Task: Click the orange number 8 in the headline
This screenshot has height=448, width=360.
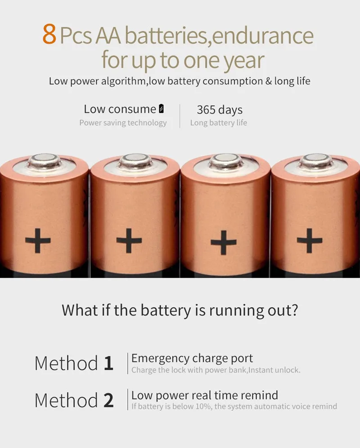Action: (x=49, y=34)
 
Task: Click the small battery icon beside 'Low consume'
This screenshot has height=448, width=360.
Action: (x=161, y=109)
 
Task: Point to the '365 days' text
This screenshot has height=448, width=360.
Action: (x=220, y=110)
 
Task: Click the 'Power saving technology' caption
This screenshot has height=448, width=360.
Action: (x=123, y=123)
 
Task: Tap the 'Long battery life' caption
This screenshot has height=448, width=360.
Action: (x=219, y=123)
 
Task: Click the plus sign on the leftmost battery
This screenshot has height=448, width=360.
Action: (x=38, y=240)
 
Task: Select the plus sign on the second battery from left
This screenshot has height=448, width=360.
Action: (x=129, y=240)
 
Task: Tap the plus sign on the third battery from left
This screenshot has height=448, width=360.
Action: (x=224, y=242)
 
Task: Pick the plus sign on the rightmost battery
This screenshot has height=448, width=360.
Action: (x=310, y=240)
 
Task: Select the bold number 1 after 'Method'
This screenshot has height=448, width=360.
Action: (x=108, y=363)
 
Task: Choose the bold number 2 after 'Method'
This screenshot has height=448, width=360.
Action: (x=108, y=400)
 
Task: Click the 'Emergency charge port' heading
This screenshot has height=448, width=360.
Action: (x=192, y=358)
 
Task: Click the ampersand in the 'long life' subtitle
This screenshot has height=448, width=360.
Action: (x=269, y=81)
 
